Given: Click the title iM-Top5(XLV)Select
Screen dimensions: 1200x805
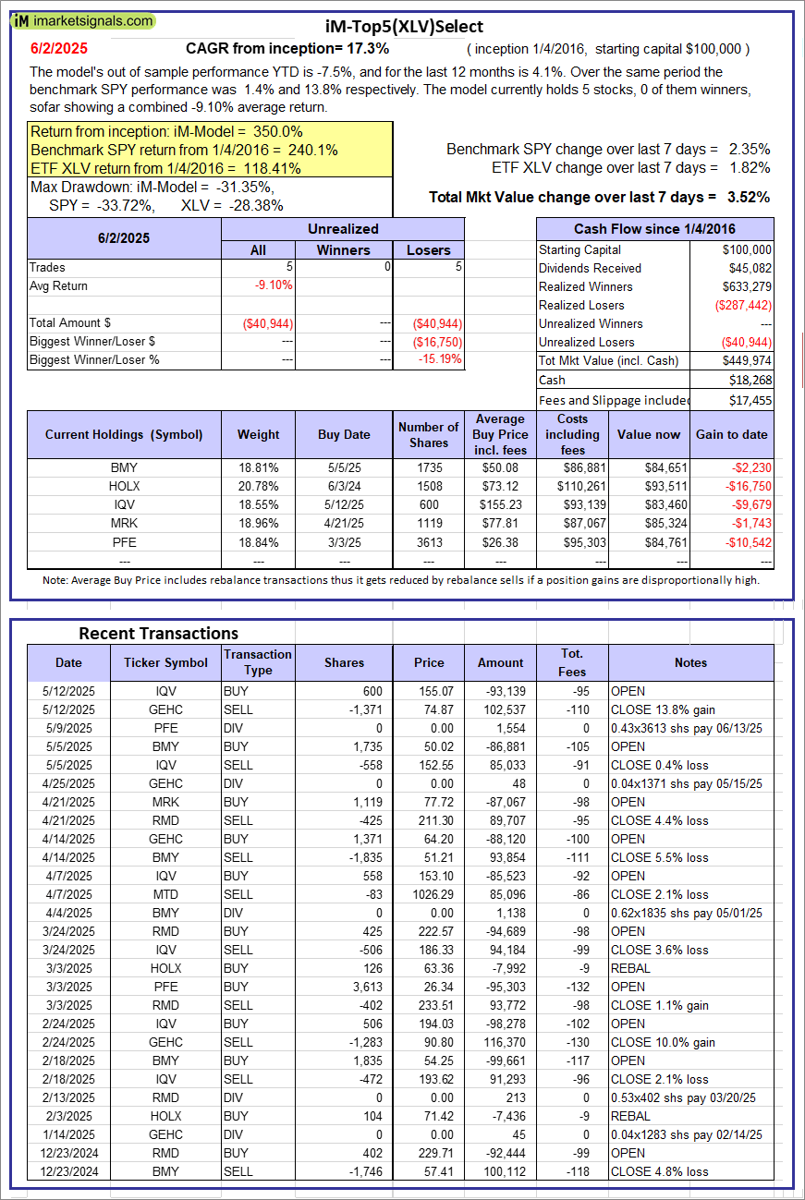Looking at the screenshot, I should coord(404,27).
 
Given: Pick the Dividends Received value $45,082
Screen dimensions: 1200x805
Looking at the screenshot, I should coord(747,268).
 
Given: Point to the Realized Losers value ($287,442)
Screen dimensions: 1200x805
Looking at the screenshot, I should coord(742,305).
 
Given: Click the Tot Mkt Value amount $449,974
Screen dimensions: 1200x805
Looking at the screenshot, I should coord(747,360).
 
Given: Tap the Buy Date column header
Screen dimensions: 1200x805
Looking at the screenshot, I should coord(344,434).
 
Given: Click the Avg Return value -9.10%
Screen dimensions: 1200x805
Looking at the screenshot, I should coord(274,285).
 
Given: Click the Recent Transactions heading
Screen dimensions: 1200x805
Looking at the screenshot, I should coord(158,633).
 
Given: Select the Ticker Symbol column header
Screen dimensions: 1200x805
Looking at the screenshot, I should coord(165,662).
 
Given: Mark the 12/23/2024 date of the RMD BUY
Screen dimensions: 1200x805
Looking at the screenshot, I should coord(68,1153).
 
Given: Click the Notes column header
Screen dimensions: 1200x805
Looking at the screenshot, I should coord(690,662).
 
